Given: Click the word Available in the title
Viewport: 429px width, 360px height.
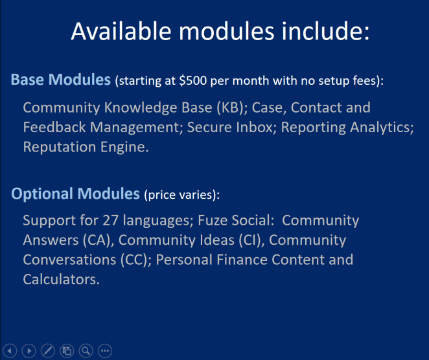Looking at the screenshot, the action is click(x=121, y=31).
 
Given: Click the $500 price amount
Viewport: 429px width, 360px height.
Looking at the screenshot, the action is click(x=193, y=81).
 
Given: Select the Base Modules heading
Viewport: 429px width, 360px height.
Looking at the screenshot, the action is click(x=61, y=80).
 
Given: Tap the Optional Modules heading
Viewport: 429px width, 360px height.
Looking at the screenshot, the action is click(x=76, y=194).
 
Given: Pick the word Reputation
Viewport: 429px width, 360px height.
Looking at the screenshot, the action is click(x=60, y=148).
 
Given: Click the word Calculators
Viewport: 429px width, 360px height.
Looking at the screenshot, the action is click(x=62, y=279).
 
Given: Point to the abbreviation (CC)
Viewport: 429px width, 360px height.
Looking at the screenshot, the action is click(x=136, y=260).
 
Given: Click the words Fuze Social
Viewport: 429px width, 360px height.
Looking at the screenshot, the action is click(x=236, y=220).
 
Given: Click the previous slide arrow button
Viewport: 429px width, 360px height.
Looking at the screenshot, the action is click(x=10, y=351).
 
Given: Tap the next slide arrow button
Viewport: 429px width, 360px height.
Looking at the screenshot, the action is click(x=29, y=351).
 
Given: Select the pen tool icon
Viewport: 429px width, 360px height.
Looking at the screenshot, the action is click(x=48, y=351).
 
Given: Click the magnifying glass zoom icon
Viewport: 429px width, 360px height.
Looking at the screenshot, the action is click(x=86, y=351).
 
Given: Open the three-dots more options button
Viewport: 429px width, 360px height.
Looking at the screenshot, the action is click(x=105, y=351).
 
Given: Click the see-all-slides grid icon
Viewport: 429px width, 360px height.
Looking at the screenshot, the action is click(x=67, y=351).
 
